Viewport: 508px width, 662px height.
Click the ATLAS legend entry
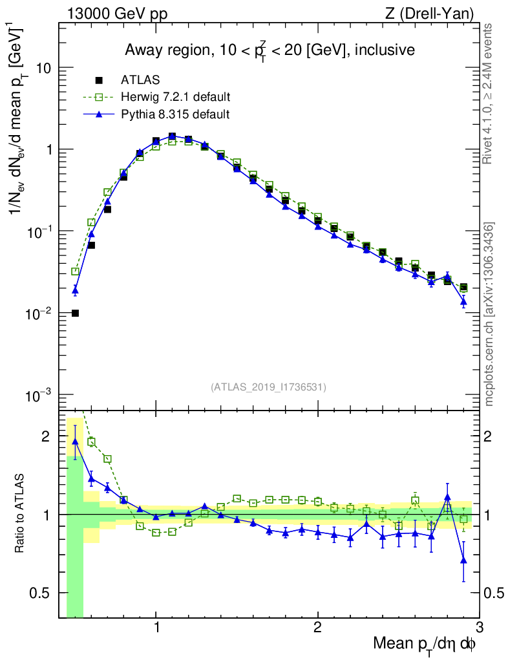[140, 80]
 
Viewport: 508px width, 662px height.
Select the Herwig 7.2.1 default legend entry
[175, 97]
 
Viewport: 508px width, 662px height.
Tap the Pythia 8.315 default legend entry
[175, 114]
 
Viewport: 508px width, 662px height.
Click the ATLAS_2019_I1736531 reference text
[268, 387]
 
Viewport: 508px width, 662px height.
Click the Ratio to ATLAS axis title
[21, 514]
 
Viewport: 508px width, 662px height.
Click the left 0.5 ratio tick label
[41, 593]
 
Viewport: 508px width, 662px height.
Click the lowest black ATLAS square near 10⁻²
[75, 314]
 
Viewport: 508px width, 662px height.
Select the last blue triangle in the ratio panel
[463, 561]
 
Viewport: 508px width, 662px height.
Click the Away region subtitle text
[270, 50]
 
